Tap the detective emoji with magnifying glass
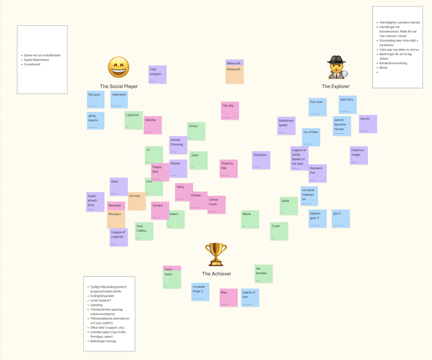tap(336, 68)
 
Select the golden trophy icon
tap(216, 254)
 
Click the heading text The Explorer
tap(335, 86)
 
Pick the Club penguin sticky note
tap(157, 75)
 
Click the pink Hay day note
tap(230, 110)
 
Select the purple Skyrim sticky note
tap(368, 124)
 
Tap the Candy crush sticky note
tap(217, 204)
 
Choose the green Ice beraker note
tap(264, 274)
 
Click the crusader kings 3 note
tap(200, 291)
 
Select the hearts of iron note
tap(250, 297)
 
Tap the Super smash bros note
tap(95, 201)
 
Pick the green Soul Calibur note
tap(144, 231)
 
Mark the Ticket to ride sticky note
tap(228, 169)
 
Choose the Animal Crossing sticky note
tap(178, 145)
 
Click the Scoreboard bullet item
tap(32, 64)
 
